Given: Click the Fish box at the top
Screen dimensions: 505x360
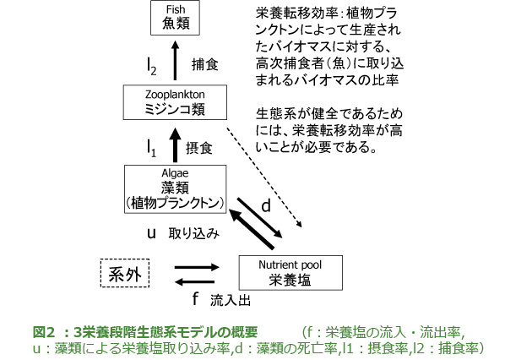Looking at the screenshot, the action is click(x=175, y=18).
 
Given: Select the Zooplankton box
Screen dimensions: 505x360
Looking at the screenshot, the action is click(x=175, y=102).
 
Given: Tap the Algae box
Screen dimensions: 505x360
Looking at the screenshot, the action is click(x=175, y=189).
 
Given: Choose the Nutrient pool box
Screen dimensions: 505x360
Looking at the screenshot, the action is click(x=291, y=273).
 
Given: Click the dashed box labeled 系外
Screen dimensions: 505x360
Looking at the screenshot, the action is click(x=125, y=273).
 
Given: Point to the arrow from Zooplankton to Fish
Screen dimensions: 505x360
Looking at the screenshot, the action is click(x=175, y=60).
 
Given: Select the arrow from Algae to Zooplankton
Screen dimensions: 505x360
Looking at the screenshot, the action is click(x=175, y=145).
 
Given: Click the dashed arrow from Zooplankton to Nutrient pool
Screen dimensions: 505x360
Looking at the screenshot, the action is click(x=264, y=177).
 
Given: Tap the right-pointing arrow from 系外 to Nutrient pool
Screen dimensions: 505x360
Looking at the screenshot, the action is click(x=197, y=267).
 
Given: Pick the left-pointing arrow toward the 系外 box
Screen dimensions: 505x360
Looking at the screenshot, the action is click(x=194, y=282).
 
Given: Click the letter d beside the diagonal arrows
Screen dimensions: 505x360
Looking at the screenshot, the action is click(x=266, y=205).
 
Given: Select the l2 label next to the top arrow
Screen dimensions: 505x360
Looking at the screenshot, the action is click(x=152, y=67).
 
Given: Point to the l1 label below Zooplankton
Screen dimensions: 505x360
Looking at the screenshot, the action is click(x=151, y=149).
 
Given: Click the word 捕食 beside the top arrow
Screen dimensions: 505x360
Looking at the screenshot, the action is click(x=205, y=64).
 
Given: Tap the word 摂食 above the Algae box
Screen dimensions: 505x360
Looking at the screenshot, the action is click(x=199, y=149).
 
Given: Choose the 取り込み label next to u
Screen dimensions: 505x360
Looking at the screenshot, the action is click(x=194, y=233).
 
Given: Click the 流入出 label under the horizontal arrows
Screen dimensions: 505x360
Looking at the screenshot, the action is click(x=231, y=300).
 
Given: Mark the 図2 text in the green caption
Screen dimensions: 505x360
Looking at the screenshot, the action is click(x=45, y=332).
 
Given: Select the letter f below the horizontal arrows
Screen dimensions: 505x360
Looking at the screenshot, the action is click(x=195, y=298).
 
